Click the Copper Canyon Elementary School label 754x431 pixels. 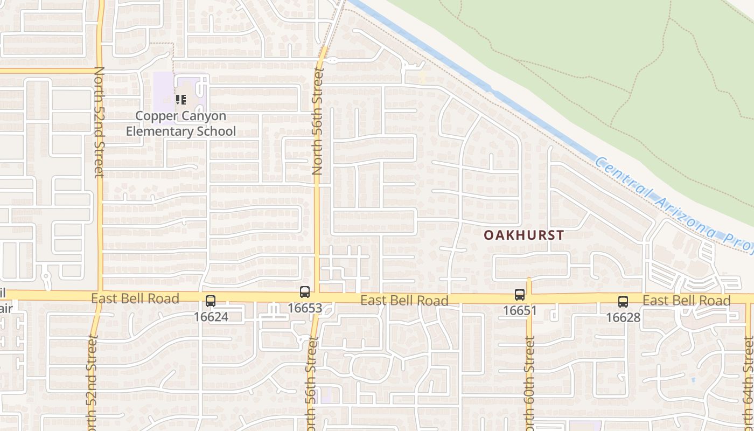[181, 123]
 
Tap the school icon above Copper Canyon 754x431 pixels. [180, 100]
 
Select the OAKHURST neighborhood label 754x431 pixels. [523, 235]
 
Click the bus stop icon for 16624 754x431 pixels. [211, 301]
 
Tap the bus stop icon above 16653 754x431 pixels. [305, 292]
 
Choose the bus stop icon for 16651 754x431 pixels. [520, 295]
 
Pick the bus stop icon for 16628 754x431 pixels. [623, 302]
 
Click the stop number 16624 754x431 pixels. [211, 317]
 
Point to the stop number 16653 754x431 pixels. [305, 308]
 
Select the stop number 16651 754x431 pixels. [520, 310]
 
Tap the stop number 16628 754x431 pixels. [623, 317]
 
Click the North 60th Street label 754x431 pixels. [530, 383]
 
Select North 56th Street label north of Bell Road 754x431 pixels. [317, 121]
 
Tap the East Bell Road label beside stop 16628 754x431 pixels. [687, 301]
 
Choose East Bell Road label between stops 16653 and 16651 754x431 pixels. [404, 301]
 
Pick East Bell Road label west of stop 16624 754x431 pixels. [135, 298]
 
